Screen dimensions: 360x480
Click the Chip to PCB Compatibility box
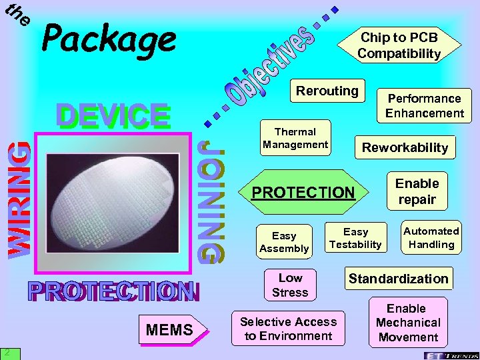click(399, 45)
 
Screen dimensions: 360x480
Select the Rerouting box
click(327, 91)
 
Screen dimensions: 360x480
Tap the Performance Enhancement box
click(424, 105)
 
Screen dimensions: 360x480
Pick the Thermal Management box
click(295, 138)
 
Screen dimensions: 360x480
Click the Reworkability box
click(405, 147)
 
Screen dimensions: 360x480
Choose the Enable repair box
click(417, 191)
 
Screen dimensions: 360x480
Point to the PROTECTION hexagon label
click(303, 193)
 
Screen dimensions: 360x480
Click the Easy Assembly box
click(284, 242)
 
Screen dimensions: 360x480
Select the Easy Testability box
click(355, 238)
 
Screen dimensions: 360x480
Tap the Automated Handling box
click(431, 237)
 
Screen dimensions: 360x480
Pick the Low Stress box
click(290, 285)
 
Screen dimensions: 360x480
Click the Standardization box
click(398, 279)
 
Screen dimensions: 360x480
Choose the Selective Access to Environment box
click(288, 329)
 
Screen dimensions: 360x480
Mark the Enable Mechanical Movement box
click(407, 323)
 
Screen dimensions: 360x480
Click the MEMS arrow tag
click(170, 329)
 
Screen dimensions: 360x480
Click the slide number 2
click(5, 352)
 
